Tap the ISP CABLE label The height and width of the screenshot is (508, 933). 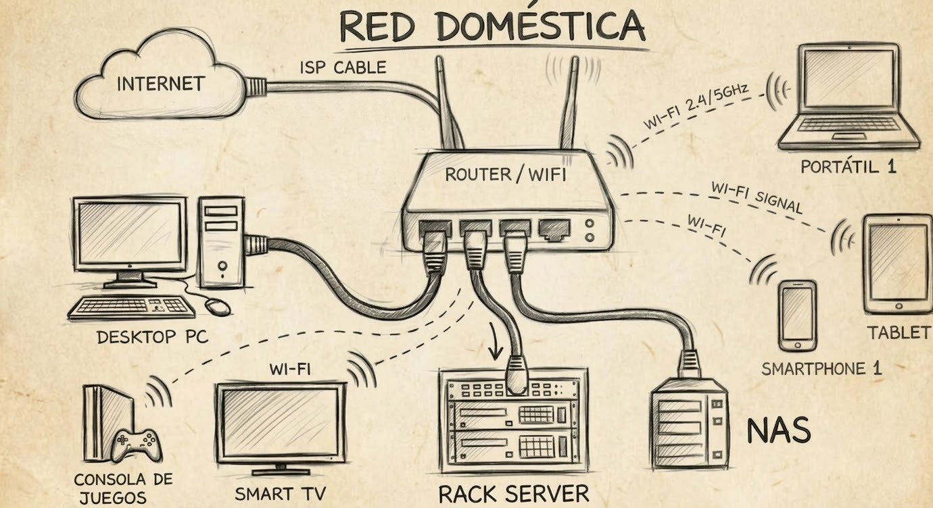point(343,68)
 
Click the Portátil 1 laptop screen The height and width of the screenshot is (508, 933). point(848,79)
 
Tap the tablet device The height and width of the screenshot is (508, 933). point(897,263)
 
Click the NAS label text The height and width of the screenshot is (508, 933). point(778,430)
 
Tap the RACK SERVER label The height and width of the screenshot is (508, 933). point(514,494)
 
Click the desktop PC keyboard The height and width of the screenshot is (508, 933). point(132,307)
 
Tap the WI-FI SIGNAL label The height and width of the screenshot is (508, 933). point(756,197)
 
